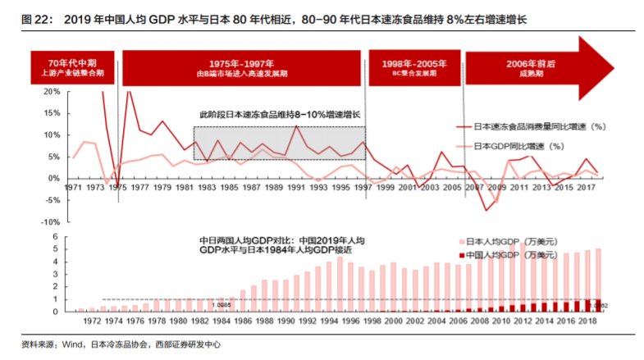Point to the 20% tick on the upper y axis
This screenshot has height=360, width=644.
click(x=51, y=92)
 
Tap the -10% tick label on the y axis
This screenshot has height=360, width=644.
click(x=50, y=221)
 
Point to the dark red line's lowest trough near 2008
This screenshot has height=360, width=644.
click(x=486, y=211)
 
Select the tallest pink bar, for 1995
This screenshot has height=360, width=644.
click(x=340, y=285)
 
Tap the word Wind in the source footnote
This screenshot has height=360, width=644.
click(x=69, y=344)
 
